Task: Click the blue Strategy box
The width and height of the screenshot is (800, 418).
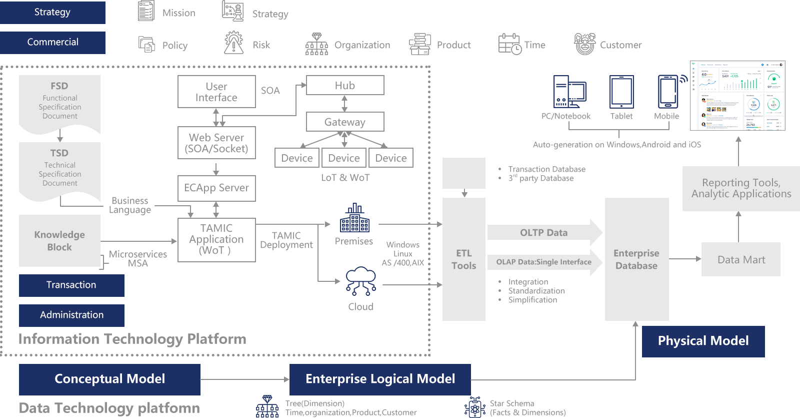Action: click(x=52, y=12)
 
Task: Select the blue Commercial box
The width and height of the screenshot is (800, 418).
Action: click(x=52, y=42)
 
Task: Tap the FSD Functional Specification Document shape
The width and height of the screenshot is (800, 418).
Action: click(x=59, y=103)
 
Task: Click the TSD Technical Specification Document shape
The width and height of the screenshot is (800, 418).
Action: click(x=59, y=170)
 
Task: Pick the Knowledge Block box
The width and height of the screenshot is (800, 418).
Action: click(x=59, y=241)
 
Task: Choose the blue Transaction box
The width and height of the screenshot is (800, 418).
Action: click(x=71, y=285)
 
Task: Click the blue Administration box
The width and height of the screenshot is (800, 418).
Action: click(x=71, y=315)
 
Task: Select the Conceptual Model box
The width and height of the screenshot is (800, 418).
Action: click(x=109, y=379)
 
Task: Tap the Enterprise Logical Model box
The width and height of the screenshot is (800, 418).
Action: click(x=380, y=379)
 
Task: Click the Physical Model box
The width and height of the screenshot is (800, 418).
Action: click(x=703, y=341)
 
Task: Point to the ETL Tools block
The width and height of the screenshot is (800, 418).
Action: click(x=463, y=259)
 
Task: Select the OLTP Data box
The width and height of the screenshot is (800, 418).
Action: click(x=544, y=233)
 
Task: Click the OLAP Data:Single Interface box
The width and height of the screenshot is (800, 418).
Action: click(x=544, y=262)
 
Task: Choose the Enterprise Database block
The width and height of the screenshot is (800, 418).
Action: click(x=636, y=259)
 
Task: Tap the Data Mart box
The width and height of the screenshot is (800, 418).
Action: click(x=740, y=259)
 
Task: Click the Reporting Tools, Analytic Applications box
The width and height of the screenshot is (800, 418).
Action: click(x=741, y=188)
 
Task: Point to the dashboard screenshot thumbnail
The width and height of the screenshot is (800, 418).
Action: click(x=737, y=96)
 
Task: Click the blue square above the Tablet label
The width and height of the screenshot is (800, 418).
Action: click(x=621, y=92)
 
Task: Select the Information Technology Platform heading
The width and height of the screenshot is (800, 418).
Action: click(x=132, y=339)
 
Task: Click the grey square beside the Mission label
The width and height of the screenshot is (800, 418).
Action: click(x=146, y=11)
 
